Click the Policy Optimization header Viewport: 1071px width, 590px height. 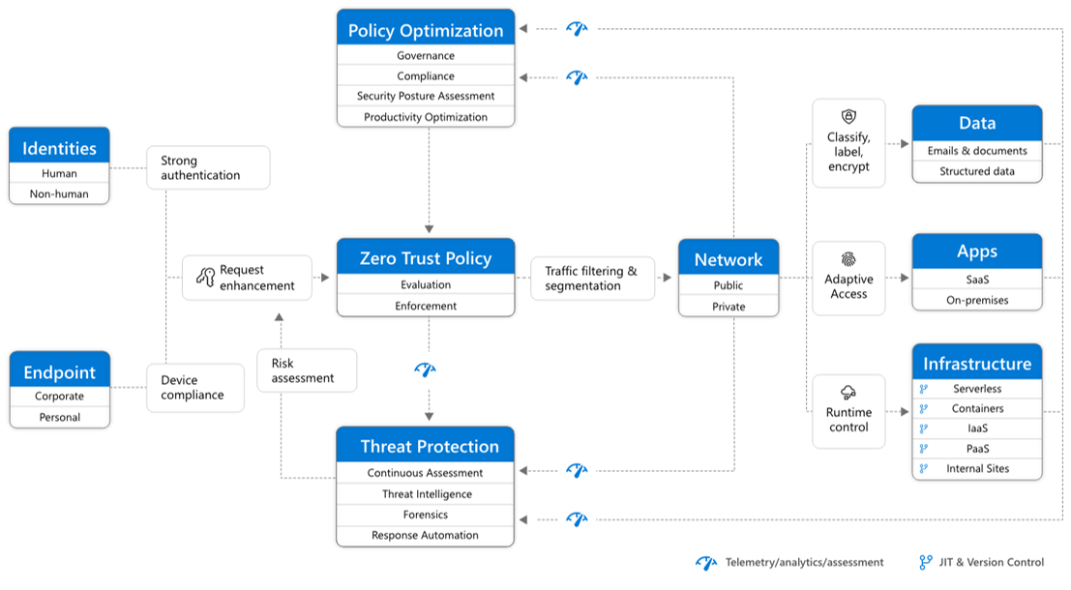click(426, 30)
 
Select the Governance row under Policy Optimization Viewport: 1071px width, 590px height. click(426, 56)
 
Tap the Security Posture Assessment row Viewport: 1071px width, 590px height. click(426, 96)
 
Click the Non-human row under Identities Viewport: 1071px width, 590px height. click(59, 194)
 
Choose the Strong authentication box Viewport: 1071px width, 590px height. click(208, 167)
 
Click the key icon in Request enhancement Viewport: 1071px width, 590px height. click(204, 278)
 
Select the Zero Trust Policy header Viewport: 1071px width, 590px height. click(426, 258)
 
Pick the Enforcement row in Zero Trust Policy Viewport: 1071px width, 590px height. click(426, 306)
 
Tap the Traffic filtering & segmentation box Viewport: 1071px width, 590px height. click(592, 279)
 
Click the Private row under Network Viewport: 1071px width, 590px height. click(729, 307)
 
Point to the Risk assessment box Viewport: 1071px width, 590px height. click(307, 370)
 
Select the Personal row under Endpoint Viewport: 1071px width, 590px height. click(59, 418)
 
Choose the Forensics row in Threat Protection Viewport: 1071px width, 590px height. click(426, 515)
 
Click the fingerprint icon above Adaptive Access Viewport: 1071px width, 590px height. click(848, 259)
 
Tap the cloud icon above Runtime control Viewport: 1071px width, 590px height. click(848, 392)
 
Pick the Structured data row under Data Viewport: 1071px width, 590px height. click(977, 171)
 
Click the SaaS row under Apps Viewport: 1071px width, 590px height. click(977, 280)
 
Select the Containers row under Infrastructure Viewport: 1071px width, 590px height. click(977, 408)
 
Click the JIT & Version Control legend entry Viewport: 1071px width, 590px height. click(982, 562)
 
